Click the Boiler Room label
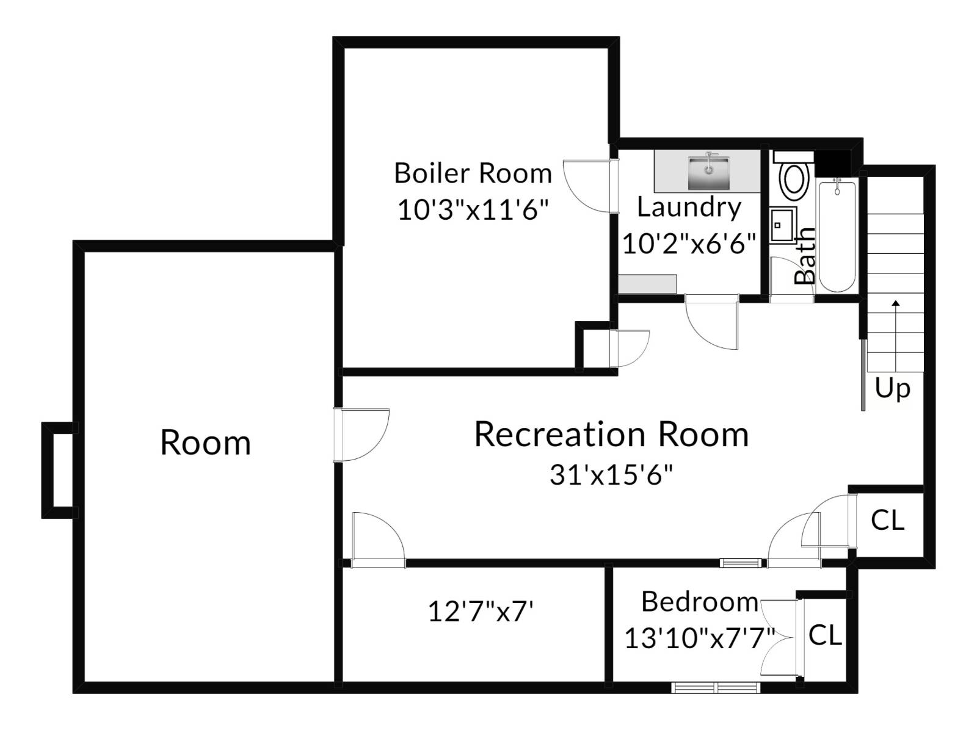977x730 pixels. click(x=473, y=173)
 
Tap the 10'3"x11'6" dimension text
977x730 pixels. click(x=473, y=211)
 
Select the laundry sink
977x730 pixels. click(x=708, y=172)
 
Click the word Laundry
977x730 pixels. click(x=689, y=208)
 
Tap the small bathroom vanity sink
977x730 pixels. click(x=782, y=225)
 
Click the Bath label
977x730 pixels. click(x=805, y=256)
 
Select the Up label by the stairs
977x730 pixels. click(x=892, y=388)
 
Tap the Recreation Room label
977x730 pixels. click(x=611, y=435)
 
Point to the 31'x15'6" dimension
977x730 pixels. click(x=611, y=475)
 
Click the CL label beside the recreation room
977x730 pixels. click(x=887, y=521)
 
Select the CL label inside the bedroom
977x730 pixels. click(x=825, y=636)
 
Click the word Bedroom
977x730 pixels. click(x=700, y=602)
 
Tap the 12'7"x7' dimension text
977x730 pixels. click(x=481, y=611)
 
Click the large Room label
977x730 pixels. click(x=205, y=443)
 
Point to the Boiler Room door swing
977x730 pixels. click(x=586, y=186)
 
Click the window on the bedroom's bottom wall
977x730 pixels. click(x=716, y=688)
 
